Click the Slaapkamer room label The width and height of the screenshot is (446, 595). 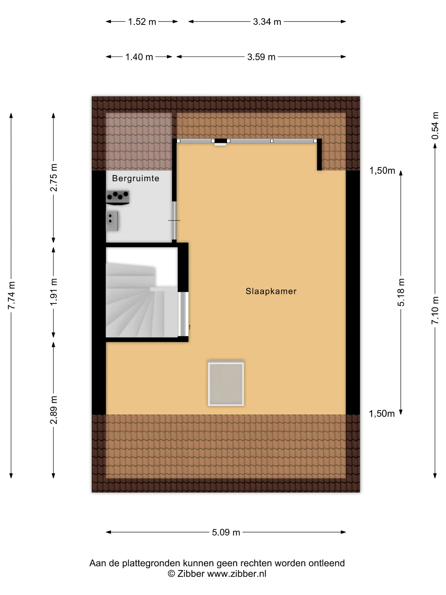[271, 291]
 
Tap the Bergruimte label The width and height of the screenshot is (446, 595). [135, 178]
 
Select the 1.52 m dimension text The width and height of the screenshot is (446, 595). [142, 21]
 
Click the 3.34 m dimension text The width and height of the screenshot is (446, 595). [267, 21]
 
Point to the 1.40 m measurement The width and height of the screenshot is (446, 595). [139, 57]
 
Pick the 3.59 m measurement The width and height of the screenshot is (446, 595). [261, 57]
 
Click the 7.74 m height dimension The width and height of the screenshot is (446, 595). [11, 295]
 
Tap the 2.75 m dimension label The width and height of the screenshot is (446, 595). [54, 177]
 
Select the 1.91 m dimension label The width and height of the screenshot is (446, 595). [54, 292]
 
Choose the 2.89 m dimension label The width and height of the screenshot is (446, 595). [54, 410]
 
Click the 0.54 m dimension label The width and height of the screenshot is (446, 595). [435, 126]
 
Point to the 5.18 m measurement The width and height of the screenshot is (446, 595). [401, 292]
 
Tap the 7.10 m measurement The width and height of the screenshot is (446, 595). [435, 310]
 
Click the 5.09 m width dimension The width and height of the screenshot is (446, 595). [226, 532]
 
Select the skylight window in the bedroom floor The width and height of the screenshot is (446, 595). [226, 383]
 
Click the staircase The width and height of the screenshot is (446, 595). [142, 292]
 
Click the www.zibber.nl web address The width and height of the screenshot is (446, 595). [237, 574]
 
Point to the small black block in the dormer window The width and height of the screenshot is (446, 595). [221, 141]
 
